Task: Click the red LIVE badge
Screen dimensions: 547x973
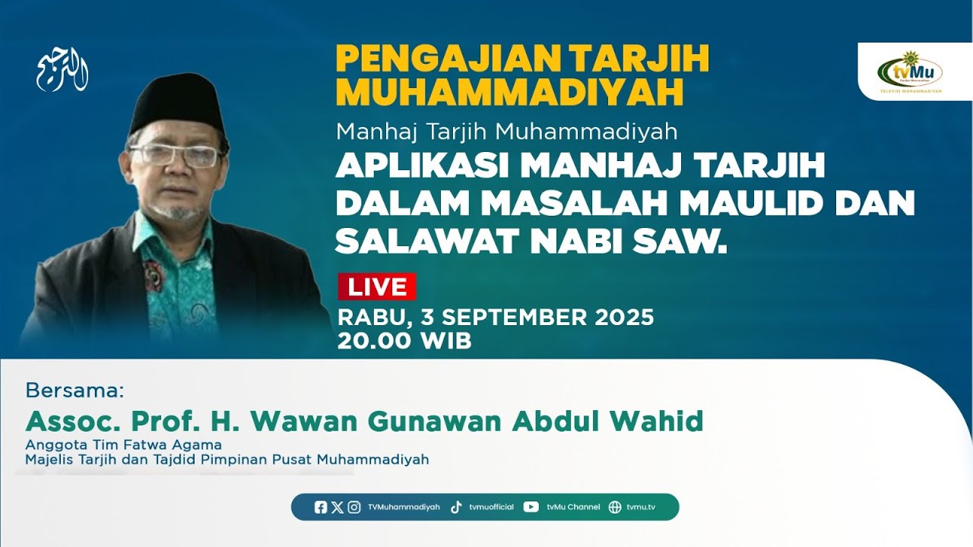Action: coord(377,287)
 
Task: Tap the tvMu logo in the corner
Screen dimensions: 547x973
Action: coord(910,72)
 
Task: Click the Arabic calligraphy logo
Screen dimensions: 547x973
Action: coord(62,74)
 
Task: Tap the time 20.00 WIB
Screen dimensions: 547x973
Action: coord(404,341)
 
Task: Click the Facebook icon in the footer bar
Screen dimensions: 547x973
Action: coord(321,507)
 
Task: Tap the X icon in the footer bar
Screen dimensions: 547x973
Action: coord(338,507)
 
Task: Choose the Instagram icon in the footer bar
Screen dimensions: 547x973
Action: coord(354,507)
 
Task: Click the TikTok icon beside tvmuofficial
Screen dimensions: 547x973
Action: coord(456,507)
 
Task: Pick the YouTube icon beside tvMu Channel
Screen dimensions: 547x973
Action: coord(531,507)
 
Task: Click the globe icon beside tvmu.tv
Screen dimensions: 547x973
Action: coord(615,507)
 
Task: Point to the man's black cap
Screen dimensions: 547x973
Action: coord(177,102)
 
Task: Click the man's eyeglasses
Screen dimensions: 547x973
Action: coord(175,156)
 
